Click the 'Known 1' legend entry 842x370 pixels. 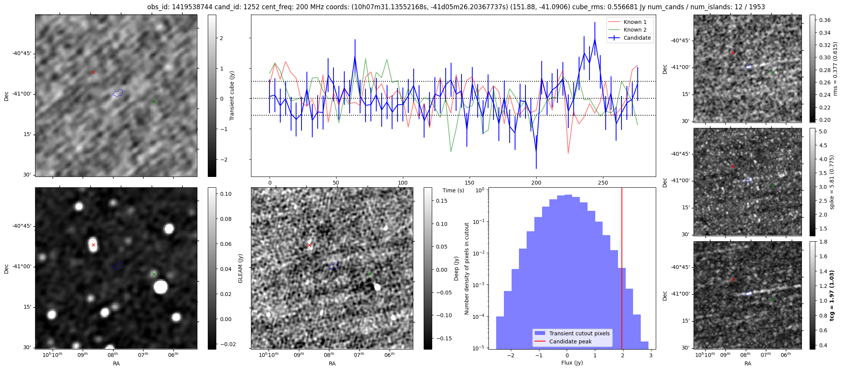tap(635, 22)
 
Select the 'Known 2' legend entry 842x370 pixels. tap(635, 30)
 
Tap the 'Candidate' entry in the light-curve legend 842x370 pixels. tap(637, 38)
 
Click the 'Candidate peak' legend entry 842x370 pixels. tap(570, 341)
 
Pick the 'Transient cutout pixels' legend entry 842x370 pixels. tap(579, 333)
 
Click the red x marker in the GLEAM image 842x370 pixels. tap(93, 245)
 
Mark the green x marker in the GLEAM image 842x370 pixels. tap(154, 274)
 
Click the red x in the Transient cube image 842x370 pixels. tap(93, 72)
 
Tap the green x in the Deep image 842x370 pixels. tap(370, 274)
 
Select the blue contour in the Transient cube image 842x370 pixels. tap(118, 93)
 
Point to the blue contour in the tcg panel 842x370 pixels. tap(749, 293)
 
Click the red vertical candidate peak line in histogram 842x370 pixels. tap(622, 270)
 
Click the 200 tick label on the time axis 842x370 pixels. tap(536, 183)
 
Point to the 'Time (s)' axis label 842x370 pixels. tap(453, 190)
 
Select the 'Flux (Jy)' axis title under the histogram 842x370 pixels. tap(572, 363)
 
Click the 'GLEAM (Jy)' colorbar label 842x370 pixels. tap(240, 269)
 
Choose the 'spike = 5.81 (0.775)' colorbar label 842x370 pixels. tap(832, 182)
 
